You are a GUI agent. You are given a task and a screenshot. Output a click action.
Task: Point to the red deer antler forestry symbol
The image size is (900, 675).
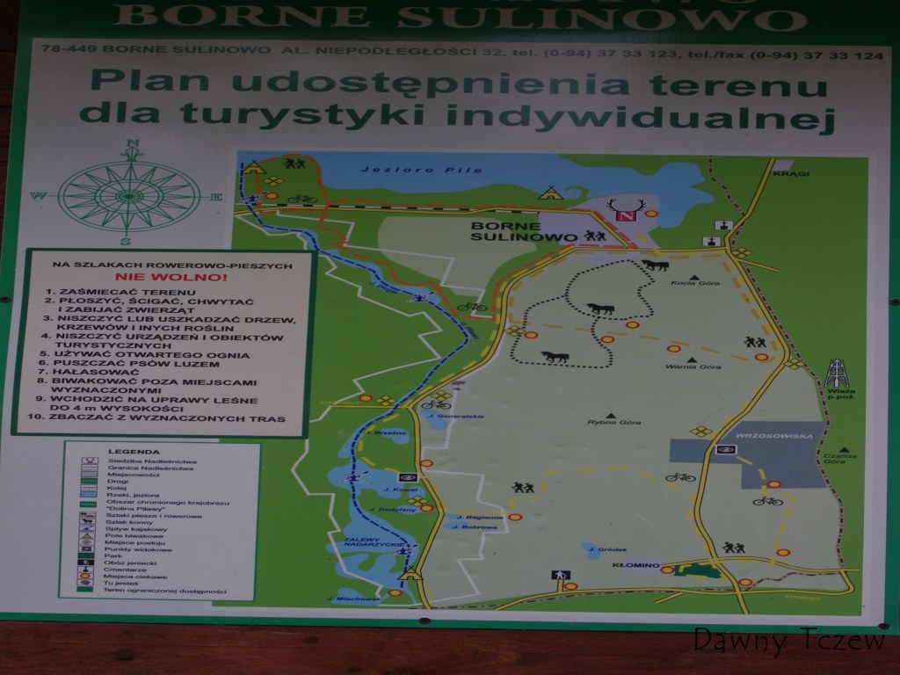click(x=627, y=209)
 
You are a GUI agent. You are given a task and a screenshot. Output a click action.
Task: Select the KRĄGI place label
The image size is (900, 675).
click(x=785, y=174)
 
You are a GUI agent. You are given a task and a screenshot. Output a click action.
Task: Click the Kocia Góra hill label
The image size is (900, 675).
click(x=683, y=283)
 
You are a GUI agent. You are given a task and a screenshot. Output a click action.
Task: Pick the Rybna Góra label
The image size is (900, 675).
click(x=614, y=423)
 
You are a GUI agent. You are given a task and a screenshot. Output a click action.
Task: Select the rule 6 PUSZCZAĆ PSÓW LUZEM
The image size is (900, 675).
click(x=132, y=363)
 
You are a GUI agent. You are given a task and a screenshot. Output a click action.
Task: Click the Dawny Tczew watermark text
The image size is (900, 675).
click(x=788, y=641)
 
